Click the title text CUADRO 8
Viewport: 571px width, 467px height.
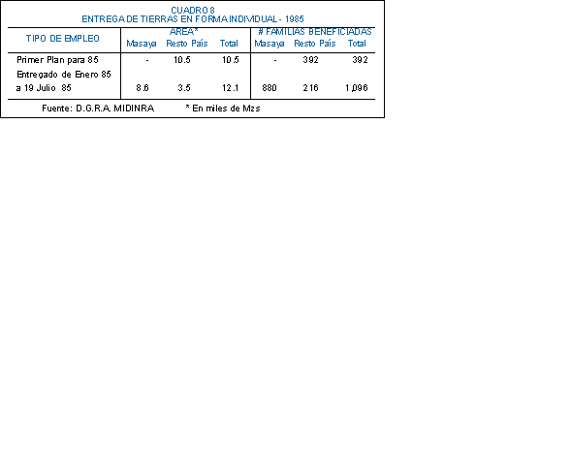point(193,11)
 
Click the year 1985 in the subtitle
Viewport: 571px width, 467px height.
point(295,19)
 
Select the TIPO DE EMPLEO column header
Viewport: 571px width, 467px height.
point(63,39)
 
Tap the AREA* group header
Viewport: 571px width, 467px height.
point(184,32)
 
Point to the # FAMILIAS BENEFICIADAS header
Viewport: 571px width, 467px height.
point(315,32)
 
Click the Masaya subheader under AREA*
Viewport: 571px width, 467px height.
point(142,44)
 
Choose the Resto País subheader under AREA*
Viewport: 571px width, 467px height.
point(187,44)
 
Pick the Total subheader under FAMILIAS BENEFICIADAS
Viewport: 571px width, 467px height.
point(357,44)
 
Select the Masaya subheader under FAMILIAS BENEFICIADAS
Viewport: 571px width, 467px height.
point(270,44)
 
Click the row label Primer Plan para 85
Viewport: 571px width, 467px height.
point(57,60)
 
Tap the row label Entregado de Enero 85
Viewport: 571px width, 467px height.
point(64,75)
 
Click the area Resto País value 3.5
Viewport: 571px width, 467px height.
point(184,88)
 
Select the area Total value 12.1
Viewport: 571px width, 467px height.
point(231,88)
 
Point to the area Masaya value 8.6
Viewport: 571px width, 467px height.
point(143,88)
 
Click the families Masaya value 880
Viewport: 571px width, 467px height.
point(270,88)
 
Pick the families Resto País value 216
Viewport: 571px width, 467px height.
point(310,88)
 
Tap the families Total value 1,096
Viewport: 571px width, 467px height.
point(357,88)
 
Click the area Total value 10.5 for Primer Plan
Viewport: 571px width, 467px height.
point(231,60)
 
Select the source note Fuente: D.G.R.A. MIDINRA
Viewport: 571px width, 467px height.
point(98,109)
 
